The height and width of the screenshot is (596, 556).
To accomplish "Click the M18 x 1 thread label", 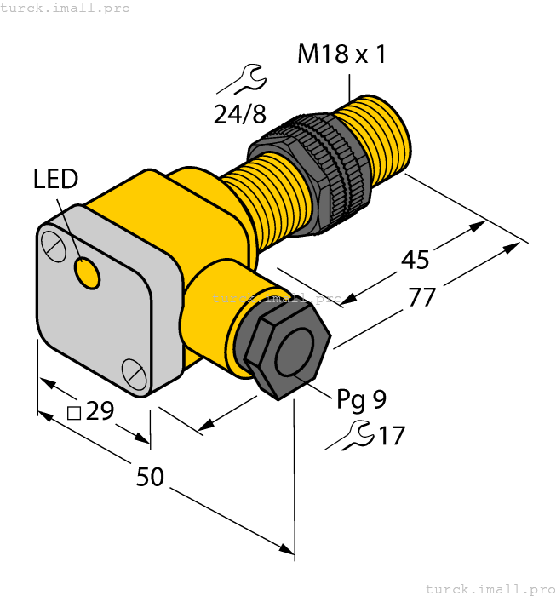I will pos(341,55).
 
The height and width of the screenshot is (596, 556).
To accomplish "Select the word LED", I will pos(55,179).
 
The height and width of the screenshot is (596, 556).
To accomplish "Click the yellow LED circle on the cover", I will pos(87,273).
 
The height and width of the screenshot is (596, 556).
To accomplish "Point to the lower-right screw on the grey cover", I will pos(134,371).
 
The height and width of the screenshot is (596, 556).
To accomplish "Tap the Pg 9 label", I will pos(361,398).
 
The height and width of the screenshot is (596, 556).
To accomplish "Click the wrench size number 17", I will pos(391,436).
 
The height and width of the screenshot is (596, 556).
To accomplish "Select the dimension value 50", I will pos(150,478).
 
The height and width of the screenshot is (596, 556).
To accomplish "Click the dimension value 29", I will pos(100,412).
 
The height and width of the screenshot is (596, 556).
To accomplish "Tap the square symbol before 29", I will pos(74,413).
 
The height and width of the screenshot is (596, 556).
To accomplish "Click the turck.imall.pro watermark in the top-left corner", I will pos(66,8).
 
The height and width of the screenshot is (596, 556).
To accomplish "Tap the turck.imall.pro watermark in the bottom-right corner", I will pos(489,588).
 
